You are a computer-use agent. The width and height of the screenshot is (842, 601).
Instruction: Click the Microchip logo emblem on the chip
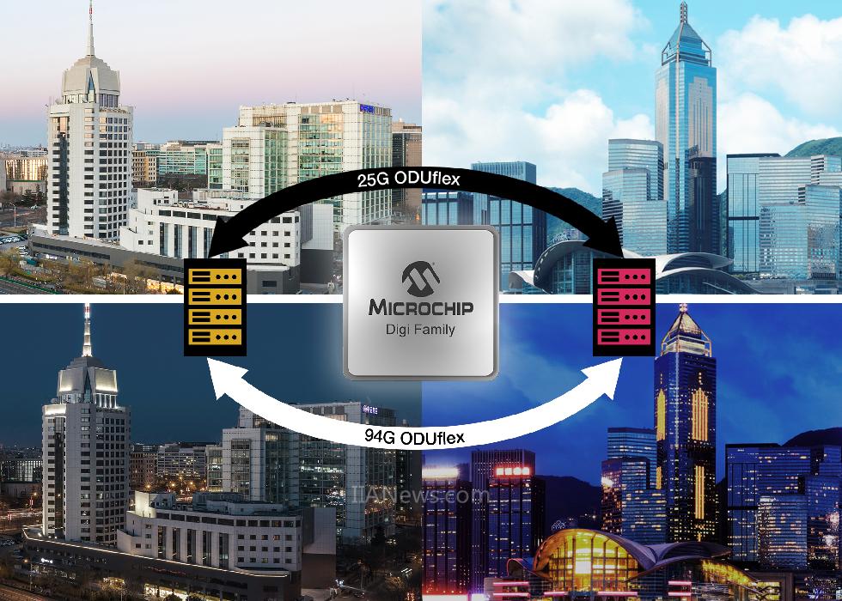(421, 279)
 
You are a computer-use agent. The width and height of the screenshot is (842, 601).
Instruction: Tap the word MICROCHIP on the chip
(421, 308)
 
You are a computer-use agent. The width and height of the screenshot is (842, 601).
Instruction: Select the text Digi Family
(420, 330)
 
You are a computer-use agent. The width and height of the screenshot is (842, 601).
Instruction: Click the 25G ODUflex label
(409, 179)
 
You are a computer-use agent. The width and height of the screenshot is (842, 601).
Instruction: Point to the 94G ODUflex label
(414, 436)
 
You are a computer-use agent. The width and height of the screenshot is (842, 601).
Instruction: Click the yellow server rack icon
(215, 307)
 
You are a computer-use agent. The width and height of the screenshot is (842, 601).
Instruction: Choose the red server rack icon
(624, 307)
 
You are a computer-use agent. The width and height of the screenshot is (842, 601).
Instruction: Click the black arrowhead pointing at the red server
(607, 236)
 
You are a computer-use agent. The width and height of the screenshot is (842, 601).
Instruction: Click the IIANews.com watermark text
(420, 495)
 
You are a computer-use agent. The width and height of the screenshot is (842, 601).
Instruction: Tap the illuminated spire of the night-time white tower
(87, 331)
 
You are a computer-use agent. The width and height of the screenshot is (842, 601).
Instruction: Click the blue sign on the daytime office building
(367, 108)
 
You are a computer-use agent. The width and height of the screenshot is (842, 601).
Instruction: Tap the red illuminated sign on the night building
(512, 471)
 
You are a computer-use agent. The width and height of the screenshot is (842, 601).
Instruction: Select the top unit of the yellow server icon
(215, 276)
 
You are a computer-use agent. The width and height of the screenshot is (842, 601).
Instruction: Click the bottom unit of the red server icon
(624, 337)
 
